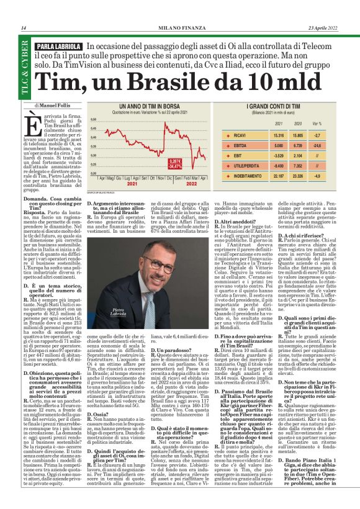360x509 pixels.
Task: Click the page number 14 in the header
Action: pos(24,28)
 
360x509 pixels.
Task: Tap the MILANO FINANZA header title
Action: pos(178,28)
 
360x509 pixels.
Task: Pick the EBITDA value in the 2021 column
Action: pos(296,146)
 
